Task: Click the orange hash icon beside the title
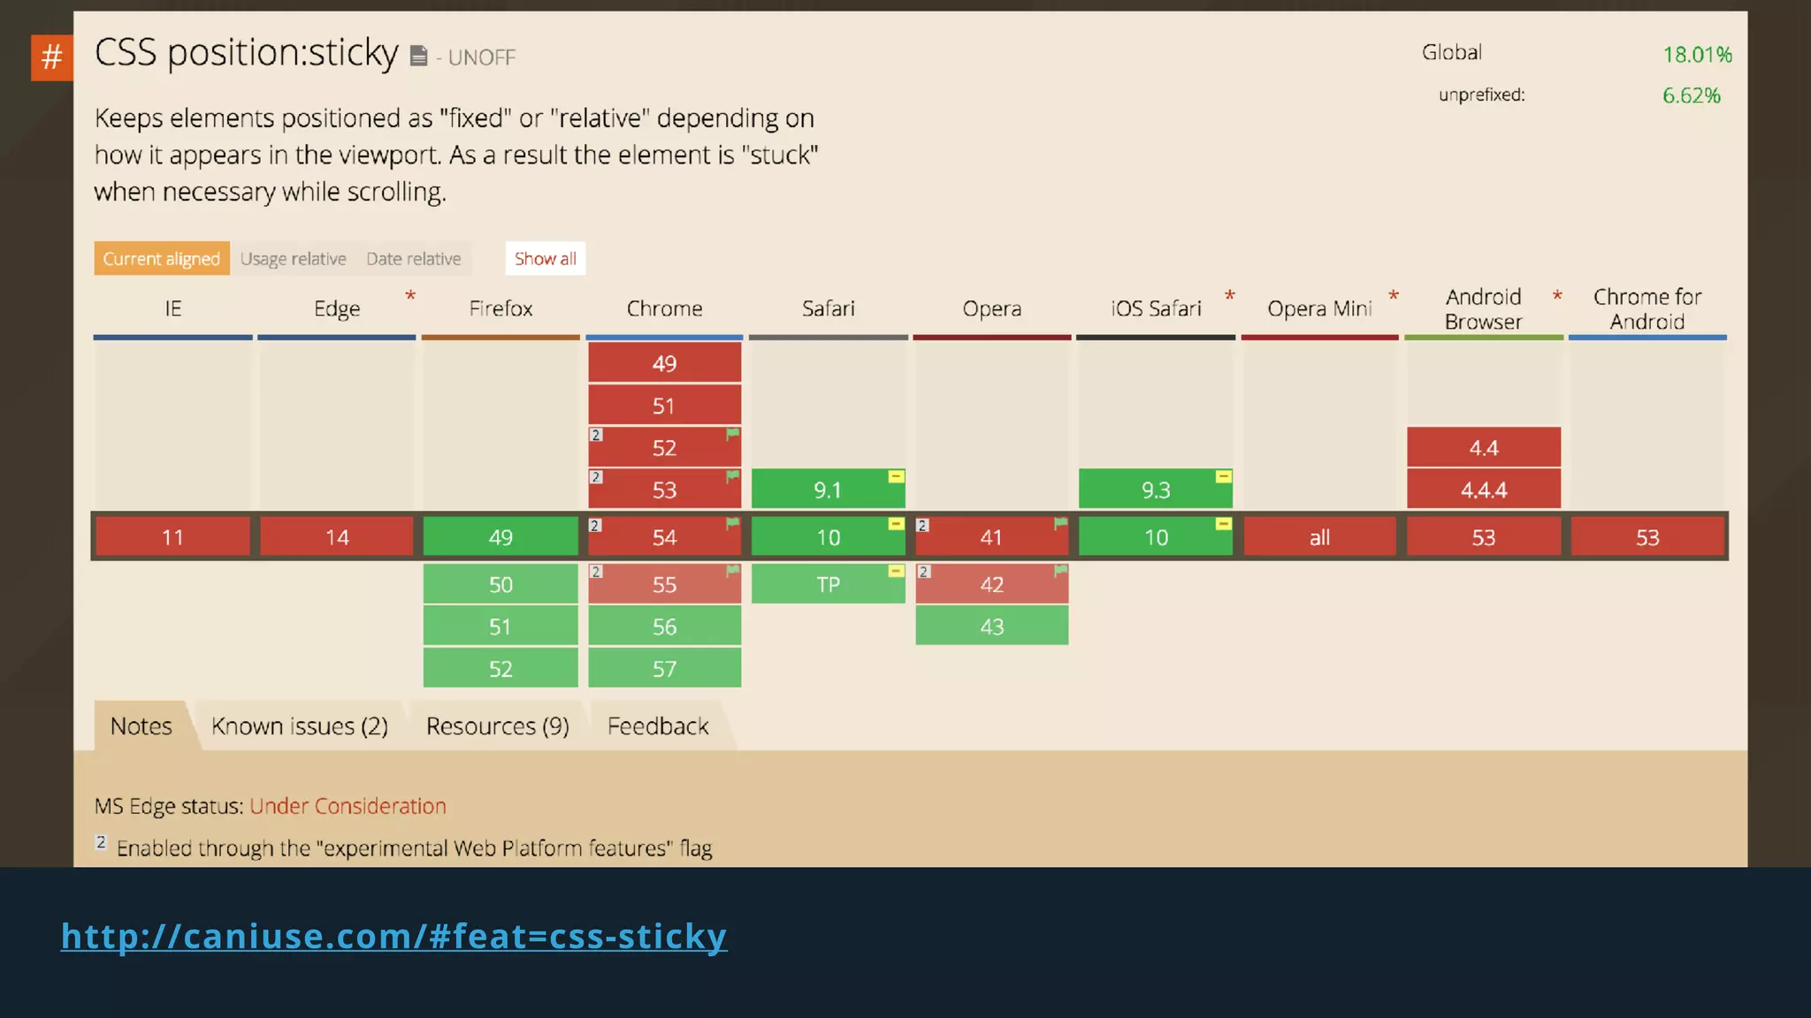click(x=51, y=57)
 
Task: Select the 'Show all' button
click(x=545, y=258)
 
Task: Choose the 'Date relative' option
click(x=413, y=259)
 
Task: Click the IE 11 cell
click(x=172, y=537)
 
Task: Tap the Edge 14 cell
click(x=337, y=537)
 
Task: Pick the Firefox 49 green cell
click(x=501, y=537)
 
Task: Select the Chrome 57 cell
click(x=664, y=669)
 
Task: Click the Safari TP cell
click(x=828, y=584)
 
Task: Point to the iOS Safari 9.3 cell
click(x=1155, y=490)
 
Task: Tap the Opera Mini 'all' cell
click(x=1319, y=537)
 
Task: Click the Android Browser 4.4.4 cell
click(x=1483, y=490)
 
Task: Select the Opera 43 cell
click(x=991, y=627)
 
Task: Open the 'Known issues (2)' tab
click(x=300, y=726)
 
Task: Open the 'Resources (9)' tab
click(x=497, y=726)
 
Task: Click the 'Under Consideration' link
click(x=348, y=806)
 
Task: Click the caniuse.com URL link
click(x=394, y=936)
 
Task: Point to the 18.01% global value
click(x=1696, y=55)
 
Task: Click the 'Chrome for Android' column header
click(x=1647, y=308)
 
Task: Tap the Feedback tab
click(x=658, y=726)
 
